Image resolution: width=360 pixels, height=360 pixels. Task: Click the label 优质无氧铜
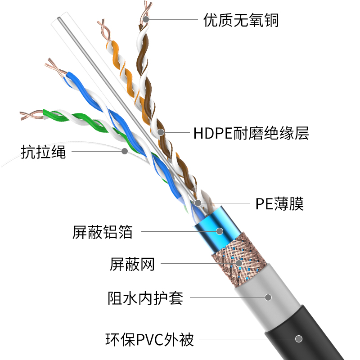tap(241, 20)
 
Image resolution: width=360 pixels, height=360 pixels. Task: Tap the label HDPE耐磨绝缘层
tap(251, 133)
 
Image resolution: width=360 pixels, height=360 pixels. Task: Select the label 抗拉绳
tap(43, 152)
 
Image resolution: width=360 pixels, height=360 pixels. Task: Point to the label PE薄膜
tap(279, 204)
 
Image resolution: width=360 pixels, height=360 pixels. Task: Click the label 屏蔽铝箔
tap(103, 232)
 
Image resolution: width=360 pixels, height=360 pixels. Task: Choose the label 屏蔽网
tap(132, 264)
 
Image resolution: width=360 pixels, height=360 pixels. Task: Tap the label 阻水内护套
tap(145, 298)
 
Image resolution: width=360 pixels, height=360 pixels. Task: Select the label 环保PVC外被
tap(150, 339)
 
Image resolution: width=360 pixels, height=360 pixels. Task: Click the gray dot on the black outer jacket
tap(299, 339)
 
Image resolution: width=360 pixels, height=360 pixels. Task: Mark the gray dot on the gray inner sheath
tap(268, 297)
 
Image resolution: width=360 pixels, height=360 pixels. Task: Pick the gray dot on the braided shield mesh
tap(239, 263)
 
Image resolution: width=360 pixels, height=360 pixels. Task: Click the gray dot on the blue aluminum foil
tap(220, 231)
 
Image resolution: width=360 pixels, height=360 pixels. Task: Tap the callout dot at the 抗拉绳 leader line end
tap(125, 151)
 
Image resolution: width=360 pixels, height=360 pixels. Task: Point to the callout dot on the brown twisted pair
tap(161, 132)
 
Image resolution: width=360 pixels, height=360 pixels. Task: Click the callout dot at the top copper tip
tap(145, 19)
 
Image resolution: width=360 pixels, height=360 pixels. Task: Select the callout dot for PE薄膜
tap(198, 203)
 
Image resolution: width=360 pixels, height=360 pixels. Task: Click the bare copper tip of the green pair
tap(31, 115)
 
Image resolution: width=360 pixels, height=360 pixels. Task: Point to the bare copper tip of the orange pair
tap(104, 30)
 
